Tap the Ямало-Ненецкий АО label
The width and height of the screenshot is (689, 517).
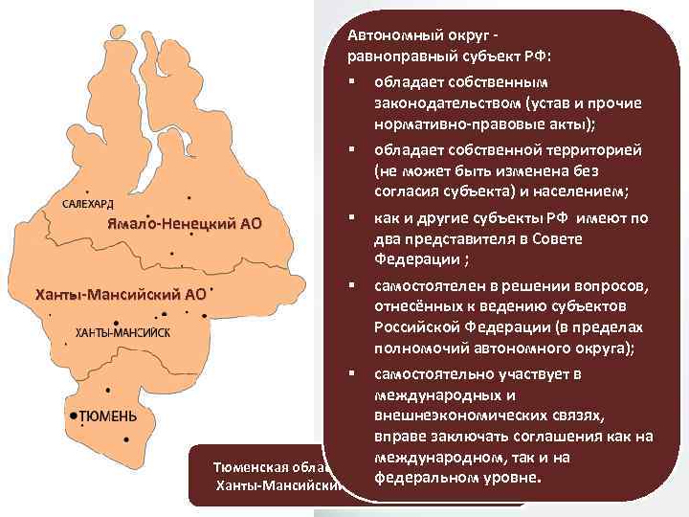(184, 225)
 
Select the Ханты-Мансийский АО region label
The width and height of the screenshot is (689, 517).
(121, 293)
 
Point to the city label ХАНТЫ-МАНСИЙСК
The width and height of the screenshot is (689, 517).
(122, 331)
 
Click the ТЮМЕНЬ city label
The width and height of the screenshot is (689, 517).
(108, 416)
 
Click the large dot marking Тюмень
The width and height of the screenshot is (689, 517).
(73, 415)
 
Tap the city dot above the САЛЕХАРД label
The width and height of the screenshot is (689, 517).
(88, 191)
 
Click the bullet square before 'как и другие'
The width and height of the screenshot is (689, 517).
(351, 216)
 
